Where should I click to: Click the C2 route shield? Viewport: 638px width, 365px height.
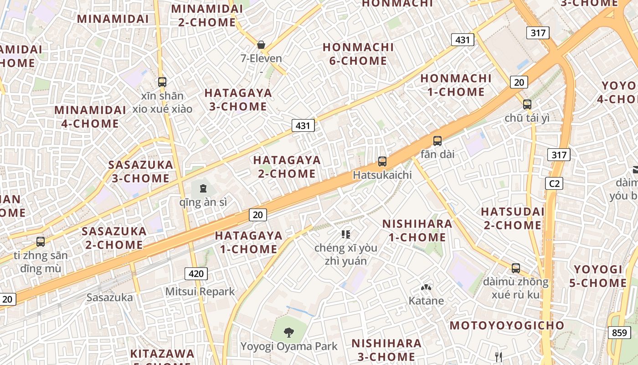pos(554,183)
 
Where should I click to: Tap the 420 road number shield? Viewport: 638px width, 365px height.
pos(196,274)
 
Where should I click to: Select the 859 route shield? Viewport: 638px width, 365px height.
pos(619,333)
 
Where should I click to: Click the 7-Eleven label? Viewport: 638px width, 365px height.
pos(262,58)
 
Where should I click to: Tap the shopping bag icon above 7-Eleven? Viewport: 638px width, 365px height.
pos(261,45)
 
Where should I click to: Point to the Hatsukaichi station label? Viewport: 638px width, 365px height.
pos(382,175)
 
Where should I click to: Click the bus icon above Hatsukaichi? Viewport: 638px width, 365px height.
pos(382,161)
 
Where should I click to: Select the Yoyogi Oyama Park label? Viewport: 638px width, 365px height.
pos(289,346)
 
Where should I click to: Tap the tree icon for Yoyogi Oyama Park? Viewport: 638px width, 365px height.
pos(288,332)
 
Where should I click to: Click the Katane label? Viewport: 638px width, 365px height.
pos(426,301)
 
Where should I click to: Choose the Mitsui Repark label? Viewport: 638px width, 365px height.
pos(200,292)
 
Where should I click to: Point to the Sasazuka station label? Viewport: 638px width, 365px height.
pos(110,298)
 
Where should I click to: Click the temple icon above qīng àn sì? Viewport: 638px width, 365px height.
pos(203,188)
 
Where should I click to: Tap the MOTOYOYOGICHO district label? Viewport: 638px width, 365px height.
pos(507,325)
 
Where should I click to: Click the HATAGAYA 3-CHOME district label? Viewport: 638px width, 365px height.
pos(238,100)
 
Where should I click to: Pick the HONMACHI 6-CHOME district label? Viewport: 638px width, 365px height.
pos(358,54)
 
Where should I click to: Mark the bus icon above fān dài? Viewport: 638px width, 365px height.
pos(437,141)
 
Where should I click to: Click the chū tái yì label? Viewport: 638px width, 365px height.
pos(527,118)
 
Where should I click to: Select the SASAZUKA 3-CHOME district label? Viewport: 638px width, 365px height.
pos(141,172)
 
